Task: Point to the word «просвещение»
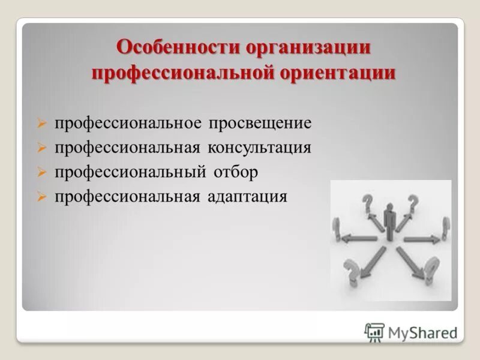(260, 124)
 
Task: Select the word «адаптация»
(248, 197)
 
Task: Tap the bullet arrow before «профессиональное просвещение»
(41, 124)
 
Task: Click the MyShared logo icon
(374, 332)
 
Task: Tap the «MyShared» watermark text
(422, 332)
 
